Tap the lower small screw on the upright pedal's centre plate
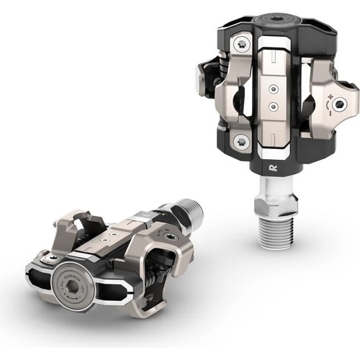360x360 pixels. [274, 105]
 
